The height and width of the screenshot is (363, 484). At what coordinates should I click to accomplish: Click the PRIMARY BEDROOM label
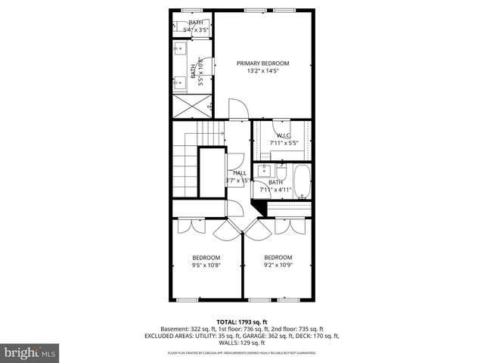[262, 64]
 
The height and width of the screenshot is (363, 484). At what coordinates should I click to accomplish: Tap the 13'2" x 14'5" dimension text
[262, 72]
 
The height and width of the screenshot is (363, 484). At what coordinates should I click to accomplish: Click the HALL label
[239, 173]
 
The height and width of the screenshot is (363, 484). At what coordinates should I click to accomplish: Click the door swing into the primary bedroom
[235, 109]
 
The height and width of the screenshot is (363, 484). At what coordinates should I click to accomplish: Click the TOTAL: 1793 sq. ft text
[241, 321]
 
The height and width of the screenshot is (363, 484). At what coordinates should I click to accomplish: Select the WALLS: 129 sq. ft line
[241, 343]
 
